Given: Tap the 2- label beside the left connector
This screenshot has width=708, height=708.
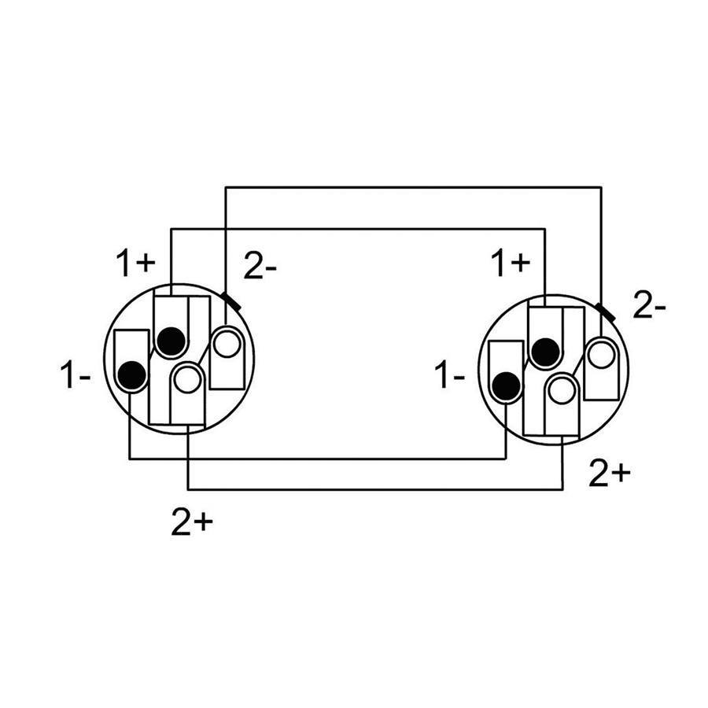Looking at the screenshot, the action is tap(260, 267).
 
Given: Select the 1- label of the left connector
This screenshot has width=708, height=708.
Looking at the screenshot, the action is tap(75, 374).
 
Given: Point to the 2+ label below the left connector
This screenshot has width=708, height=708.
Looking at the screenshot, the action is tap(192, 523).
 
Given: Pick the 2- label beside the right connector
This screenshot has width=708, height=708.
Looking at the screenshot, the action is tap(649, 305).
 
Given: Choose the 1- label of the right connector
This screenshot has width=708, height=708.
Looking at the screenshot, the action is tap(449, 374).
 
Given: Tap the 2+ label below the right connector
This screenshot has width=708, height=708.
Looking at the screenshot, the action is tap(610, 474).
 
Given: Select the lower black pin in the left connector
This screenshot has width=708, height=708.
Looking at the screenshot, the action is tap(132, 375).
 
